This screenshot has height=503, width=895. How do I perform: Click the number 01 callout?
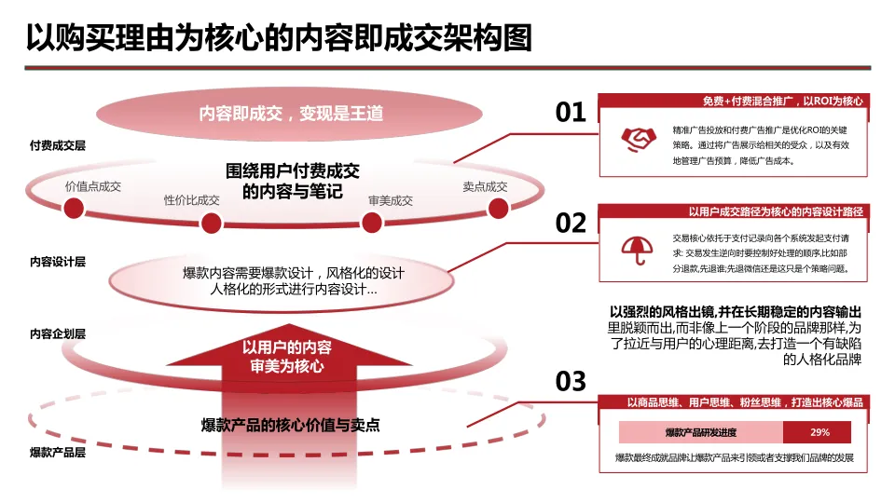point(571,113)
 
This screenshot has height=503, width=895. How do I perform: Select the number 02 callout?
point(571,224)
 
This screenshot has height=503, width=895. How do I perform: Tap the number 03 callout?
point(571,381)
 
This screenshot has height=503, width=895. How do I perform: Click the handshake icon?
point(637,139)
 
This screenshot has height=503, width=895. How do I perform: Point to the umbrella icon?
point(637,248)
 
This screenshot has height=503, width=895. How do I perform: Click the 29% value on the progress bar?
point(819,432)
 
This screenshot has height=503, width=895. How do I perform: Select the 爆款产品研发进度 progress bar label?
point(701,432)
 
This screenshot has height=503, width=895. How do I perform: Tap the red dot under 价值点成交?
point(93,204)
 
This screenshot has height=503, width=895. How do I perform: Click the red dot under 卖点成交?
point(485,204)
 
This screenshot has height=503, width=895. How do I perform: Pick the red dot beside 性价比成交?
point(212,222)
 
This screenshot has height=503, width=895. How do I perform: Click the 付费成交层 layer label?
point(58,146)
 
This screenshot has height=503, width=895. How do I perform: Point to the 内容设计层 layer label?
point(58,262)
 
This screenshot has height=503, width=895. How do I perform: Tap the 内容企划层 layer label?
point(58,333)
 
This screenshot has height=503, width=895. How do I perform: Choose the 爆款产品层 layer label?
point(58,453)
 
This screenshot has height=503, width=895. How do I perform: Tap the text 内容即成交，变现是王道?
point(291,114)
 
